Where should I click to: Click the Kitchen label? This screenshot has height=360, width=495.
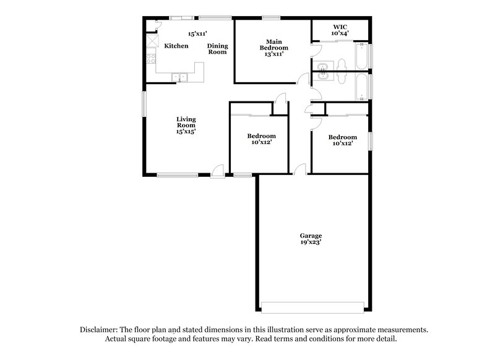point(176,46)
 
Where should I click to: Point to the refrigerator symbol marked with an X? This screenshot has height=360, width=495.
point(152,41)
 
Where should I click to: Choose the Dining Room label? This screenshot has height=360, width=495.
point(217,49)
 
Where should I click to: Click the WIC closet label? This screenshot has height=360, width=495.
point(340,27)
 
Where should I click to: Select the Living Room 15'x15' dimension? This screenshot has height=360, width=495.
point(186,131)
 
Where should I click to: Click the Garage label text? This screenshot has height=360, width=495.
point(311,236)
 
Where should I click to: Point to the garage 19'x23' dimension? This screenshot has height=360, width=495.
point(311,242)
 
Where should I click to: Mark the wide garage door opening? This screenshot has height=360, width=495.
point(312,307)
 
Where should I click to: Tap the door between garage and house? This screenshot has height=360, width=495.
point(300,170)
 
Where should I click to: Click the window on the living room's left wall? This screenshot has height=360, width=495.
point(145,103)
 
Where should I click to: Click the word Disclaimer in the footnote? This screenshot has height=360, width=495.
point(100,330)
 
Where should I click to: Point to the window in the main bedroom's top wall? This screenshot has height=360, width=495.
point(270,17)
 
